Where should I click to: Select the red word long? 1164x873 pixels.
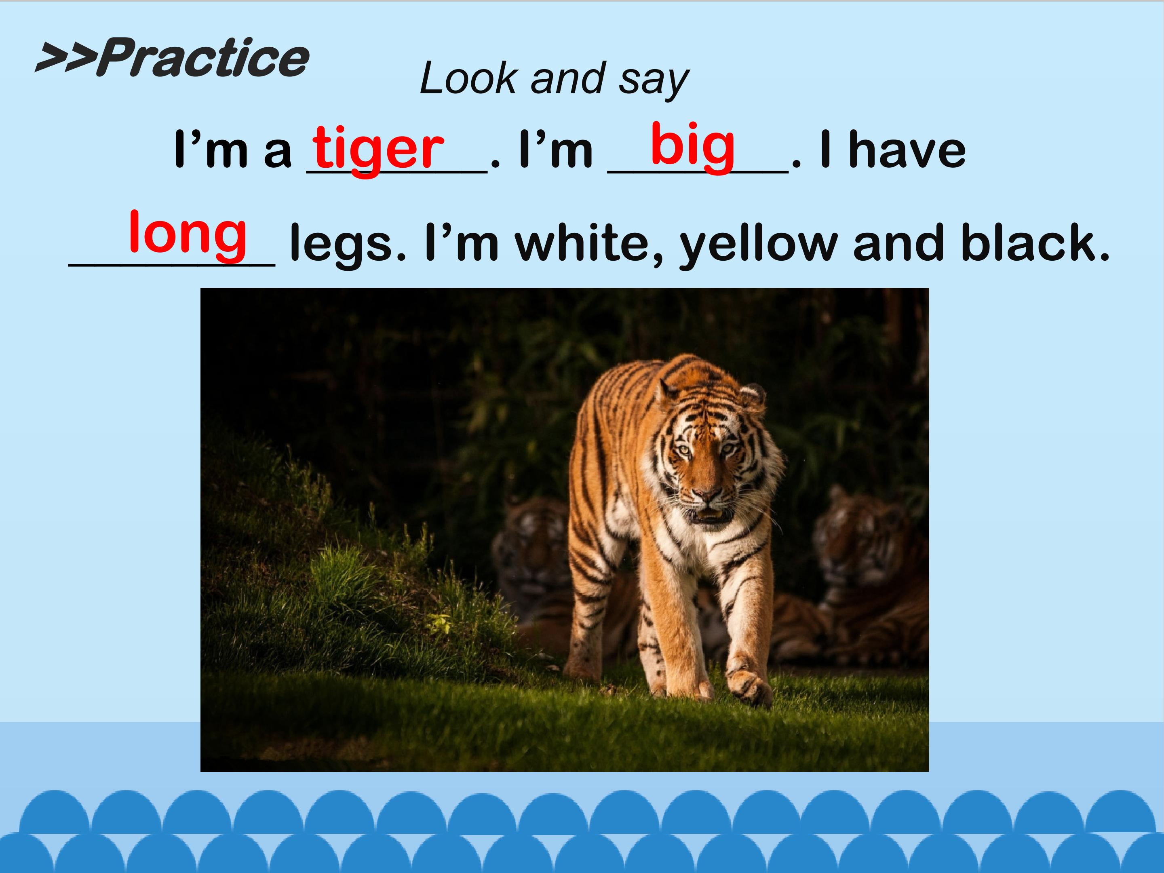(x=188, y=233)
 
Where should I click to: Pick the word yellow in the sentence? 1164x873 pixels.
(x=759, y=244)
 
